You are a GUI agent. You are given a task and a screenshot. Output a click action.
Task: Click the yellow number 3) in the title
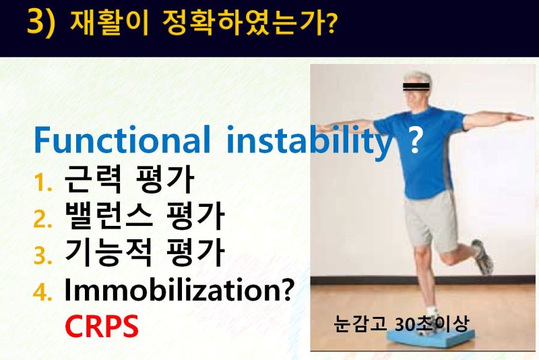tap(41, 22)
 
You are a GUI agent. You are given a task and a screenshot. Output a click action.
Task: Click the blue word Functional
tap(122, 139)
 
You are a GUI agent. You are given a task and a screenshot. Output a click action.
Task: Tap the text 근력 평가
tap(129, 179)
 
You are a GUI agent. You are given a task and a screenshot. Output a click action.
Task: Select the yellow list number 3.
tap(43, 256)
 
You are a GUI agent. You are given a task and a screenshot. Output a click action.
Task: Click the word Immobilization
tap(175, 290)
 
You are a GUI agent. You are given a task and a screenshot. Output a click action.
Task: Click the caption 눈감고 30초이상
tap(401, 324)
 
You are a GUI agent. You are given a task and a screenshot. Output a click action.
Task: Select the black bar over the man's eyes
tap(416, 87)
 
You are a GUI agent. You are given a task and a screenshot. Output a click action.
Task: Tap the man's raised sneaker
tap(483, 258)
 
